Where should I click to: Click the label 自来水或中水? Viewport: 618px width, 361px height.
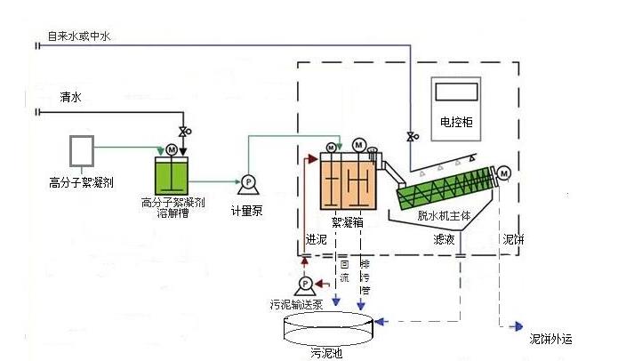tap(80, 36)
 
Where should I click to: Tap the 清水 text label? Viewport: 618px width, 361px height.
tap(70, 97)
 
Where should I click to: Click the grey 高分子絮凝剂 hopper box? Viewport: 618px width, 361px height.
tap(82, 151)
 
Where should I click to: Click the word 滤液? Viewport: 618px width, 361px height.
tap(445, 239)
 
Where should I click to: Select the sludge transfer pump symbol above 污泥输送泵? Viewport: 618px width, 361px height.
tap(305, 284)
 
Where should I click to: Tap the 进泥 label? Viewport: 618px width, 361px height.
tap(317, 239)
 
